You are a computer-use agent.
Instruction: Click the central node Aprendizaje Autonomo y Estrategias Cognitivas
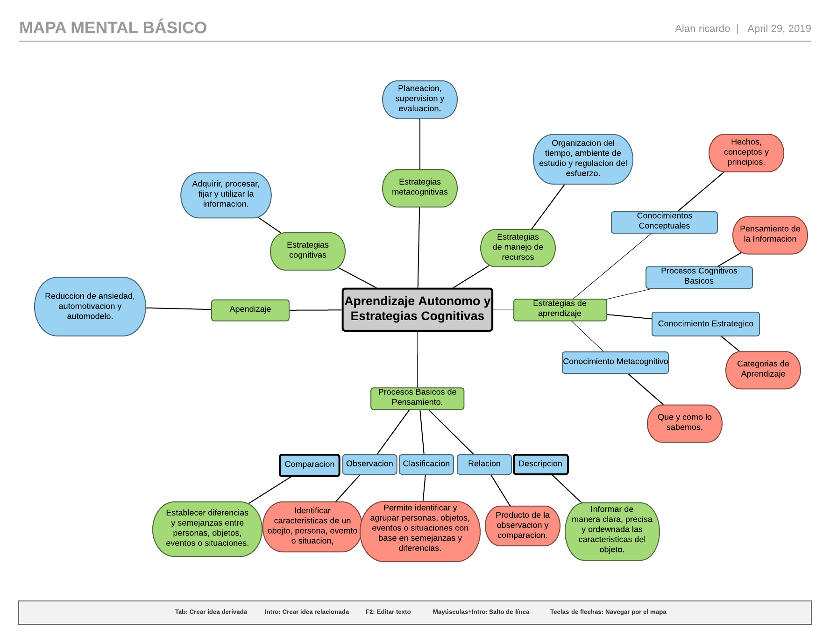click(418, 309)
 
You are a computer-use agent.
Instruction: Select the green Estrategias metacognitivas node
click(419, 188)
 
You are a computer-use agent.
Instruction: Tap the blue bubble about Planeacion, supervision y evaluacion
click(419, 99)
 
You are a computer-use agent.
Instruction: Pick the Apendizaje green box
click(250, 310)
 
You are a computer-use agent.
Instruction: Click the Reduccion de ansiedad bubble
click(90, 307)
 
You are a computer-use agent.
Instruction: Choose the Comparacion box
click(310, 465)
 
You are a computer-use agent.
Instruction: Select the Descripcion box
click(540, 464)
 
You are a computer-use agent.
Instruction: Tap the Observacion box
click(369, 464)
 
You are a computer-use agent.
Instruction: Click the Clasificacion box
click(426, 464)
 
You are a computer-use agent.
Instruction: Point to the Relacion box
click(484, 464)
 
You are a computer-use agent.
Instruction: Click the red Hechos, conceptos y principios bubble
click(746, 153)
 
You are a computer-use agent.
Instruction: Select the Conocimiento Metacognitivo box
click(615, 362)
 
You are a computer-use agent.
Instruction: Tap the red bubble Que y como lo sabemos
click(684, 423)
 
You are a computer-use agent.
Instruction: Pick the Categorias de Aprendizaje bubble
click(763, 370)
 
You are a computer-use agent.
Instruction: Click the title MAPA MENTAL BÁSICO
click(113, 28)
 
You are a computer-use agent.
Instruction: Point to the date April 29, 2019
click(779, 29)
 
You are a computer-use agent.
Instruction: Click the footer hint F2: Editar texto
click(388, 612)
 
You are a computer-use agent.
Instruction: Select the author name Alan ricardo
click(702, 29)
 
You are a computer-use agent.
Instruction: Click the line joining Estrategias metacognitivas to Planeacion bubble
click(420, 144)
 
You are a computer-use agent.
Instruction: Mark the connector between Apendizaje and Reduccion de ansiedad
click(179, 308)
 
